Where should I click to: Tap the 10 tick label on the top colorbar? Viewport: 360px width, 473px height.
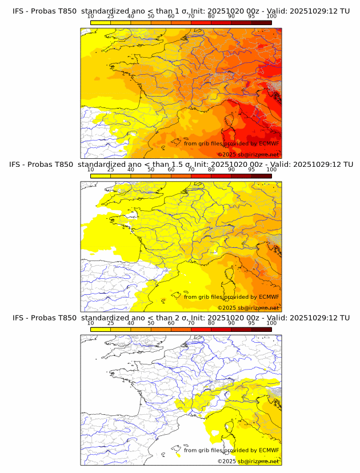(x=90, y=17)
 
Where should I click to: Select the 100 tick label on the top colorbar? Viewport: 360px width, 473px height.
(x=271, y=17)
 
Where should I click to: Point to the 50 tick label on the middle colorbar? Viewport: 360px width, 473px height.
(x=151, y=170)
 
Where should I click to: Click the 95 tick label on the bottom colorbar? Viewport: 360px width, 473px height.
(x=251, y=323)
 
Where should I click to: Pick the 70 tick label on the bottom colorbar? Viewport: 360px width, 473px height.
(x=191, y=323)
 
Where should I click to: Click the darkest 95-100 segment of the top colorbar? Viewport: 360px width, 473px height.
(x=261, y=22)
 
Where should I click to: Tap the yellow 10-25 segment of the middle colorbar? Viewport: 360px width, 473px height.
(x=101, y=175)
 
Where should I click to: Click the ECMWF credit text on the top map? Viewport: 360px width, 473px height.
(x=231, y=143)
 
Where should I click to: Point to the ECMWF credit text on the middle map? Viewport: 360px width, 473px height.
(x=231, y=296)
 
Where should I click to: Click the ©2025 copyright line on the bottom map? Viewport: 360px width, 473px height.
(x=248, y=461)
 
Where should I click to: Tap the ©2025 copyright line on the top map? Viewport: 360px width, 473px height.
(x=248, y=155)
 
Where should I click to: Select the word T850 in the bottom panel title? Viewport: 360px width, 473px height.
(x=67, y=318)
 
